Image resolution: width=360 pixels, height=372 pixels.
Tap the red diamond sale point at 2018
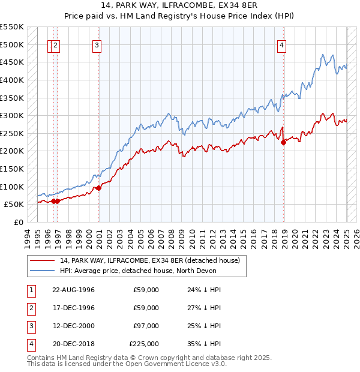coord(284,142)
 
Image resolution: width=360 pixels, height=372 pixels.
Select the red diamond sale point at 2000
coord(99,188)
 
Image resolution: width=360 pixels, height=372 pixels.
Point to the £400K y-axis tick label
coord(12,80)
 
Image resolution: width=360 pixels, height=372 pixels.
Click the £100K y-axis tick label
coord(12,187)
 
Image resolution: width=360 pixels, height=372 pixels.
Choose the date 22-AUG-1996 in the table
coord(74,290)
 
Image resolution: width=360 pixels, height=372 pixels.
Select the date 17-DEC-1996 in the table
coord(74,308)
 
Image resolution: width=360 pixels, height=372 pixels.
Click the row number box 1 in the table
coord(31,290)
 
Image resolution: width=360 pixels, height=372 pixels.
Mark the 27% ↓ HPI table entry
coord(204,308)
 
